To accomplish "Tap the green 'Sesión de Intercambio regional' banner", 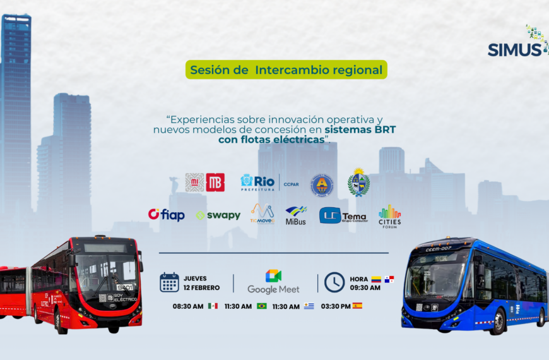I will point(286,70).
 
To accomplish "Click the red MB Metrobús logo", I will point(215,183).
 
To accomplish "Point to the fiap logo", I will point(167,215).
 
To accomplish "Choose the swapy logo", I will point(218,215).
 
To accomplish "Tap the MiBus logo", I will point(296,215).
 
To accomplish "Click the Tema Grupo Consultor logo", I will point(343,216).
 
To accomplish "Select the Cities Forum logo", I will point(390,216).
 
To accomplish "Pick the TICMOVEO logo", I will point(262,213).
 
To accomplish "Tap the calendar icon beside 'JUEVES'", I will point(169,282).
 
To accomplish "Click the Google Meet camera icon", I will point(273,276).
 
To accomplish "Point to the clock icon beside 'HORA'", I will point(334,282).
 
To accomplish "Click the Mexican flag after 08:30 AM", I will point(213,306).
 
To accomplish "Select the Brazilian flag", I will point(261,306).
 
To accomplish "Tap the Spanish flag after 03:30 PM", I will point(357,306).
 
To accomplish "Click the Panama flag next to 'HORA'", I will point(389,279).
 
